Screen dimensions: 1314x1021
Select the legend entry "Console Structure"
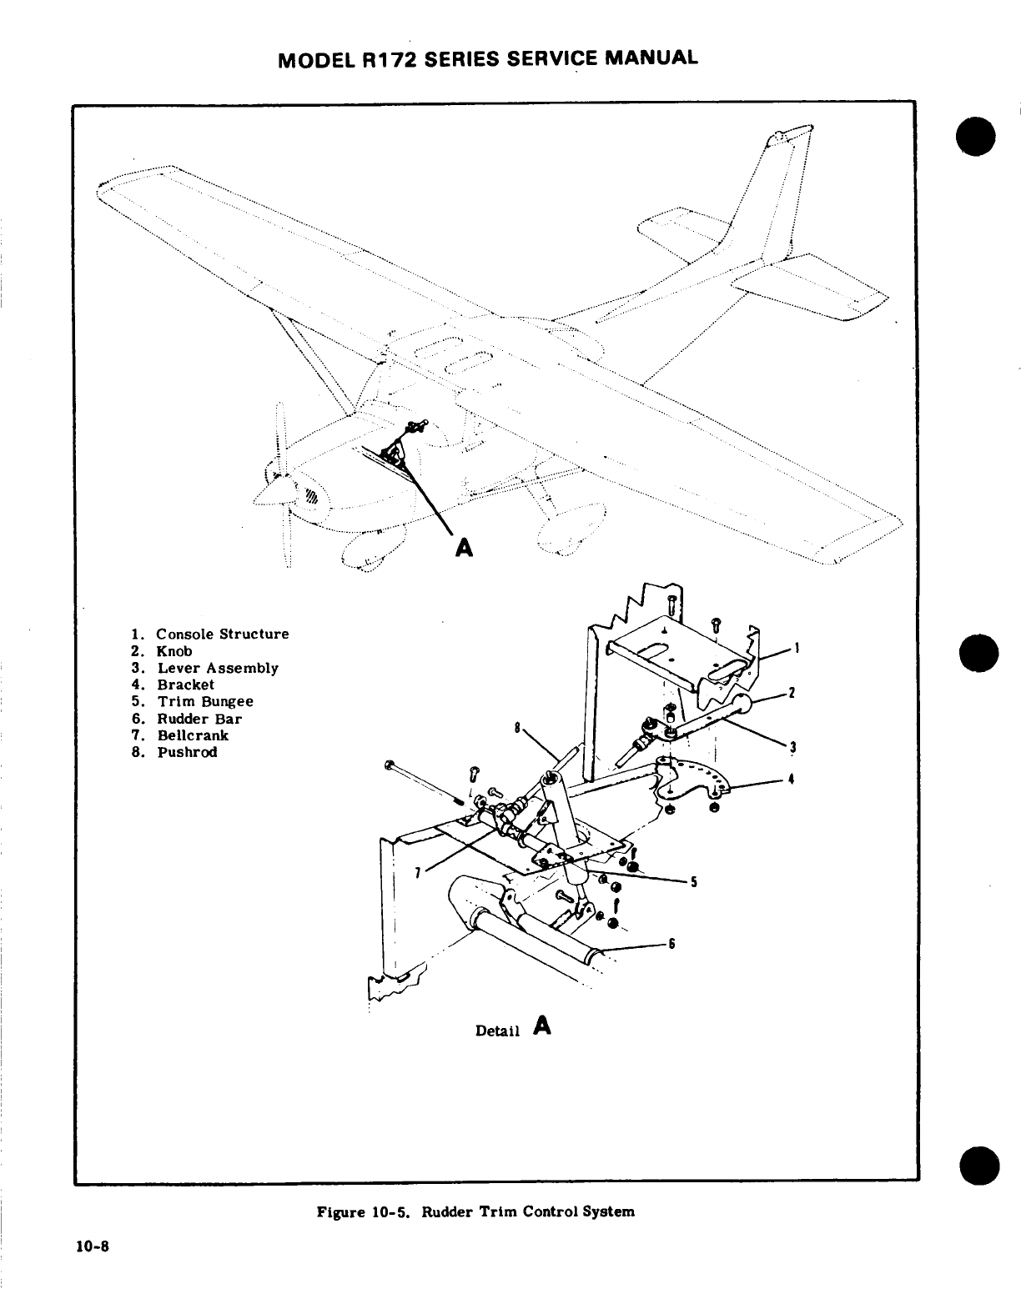(x=222, y=634)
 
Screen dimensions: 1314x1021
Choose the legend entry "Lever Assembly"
(x=217, y=668)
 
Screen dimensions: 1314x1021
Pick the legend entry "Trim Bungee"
(x=204, y=701)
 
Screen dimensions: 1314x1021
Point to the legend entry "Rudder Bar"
(x=199, y=719)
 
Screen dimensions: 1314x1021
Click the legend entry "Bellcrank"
(x=192, y=735)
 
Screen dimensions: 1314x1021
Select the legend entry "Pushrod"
(x=187, y=752)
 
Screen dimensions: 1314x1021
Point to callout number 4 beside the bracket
(x=789, y=780)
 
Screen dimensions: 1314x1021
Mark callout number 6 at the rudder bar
(x=671, y=944)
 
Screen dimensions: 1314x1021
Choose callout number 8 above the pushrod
(x=517, y=727)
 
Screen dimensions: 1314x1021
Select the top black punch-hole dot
(x=978, y=137)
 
